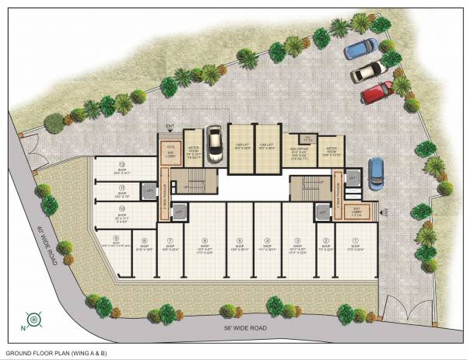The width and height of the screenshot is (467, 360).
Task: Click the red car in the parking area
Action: (377, 91)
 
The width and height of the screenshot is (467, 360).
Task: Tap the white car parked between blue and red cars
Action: (368, 71)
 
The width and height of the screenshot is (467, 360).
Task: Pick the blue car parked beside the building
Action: (375, 172)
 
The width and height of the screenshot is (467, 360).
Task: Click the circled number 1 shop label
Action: (356, 240)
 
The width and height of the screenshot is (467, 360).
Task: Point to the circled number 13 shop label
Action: (122, 165)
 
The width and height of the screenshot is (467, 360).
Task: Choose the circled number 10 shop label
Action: (122, 208)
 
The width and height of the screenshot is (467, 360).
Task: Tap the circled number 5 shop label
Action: (233, 240)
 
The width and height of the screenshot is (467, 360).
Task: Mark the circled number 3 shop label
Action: (297, 240)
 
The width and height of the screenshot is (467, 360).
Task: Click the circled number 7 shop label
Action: (169, 240)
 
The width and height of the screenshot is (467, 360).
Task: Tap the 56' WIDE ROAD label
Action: (244, 328)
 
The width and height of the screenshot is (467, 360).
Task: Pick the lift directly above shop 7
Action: (178, 211)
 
